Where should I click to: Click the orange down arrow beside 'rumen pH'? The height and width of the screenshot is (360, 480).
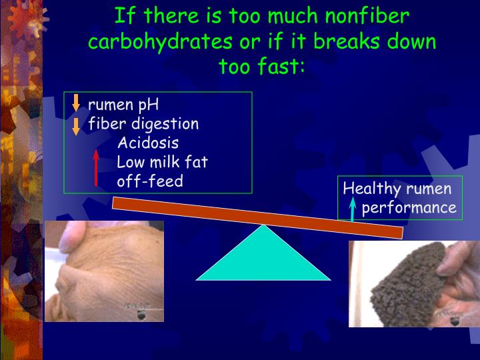coord(76,103)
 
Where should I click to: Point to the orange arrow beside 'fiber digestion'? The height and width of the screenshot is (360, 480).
coord(76,125)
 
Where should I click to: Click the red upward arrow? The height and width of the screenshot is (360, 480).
coord(96,167)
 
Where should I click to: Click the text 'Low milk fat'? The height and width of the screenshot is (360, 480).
coord(163,162)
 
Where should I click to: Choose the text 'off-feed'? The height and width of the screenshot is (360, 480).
coord(150,181)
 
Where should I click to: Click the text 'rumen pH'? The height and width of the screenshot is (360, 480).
coord(123,105)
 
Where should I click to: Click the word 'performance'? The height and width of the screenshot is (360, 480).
coord(409,208)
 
